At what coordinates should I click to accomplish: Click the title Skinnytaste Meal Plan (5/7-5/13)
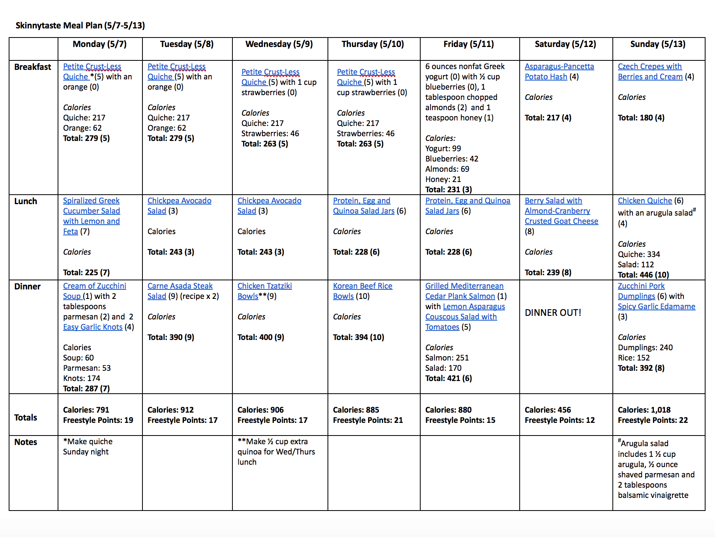click(80, 26)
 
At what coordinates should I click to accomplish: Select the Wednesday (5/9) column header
click(279, 44)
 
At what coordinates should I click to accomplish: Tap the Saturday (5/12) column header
click(565, 44)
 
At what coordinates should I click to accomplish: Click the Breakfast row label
click(33, 67)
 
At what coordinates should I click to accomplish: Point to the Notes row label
click(26, 442)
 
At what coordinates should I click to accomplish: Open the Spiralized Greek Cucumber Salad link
click(91, 211)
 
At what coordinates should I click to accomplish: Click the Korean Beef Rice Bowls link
click(362, 286)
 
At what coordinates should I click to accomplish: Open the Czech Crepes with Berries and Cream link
click(649, 72)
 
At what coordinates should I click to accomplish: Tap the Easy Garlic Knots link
click(93, 327)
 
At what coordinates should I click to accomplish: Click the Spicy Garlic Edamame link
click(656, 307)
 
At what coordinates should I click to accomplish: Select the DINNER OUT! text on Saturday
click(553, 313)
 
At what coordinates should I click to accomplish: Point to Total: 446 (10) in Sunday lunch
click(643, 275)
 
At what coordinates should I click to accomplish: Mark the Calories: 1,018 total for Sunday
click(644, 410)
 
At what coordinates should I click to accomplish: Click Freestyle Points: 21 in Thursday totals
click(368, 421)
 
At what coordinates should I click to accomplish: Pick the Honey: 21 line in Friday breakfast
click(443, 180)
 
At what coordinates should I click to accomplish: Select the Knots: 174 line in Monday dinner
click(82, 379)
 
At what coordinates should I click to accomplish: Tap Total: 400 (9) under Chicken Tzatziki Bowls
click(260, 338)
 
